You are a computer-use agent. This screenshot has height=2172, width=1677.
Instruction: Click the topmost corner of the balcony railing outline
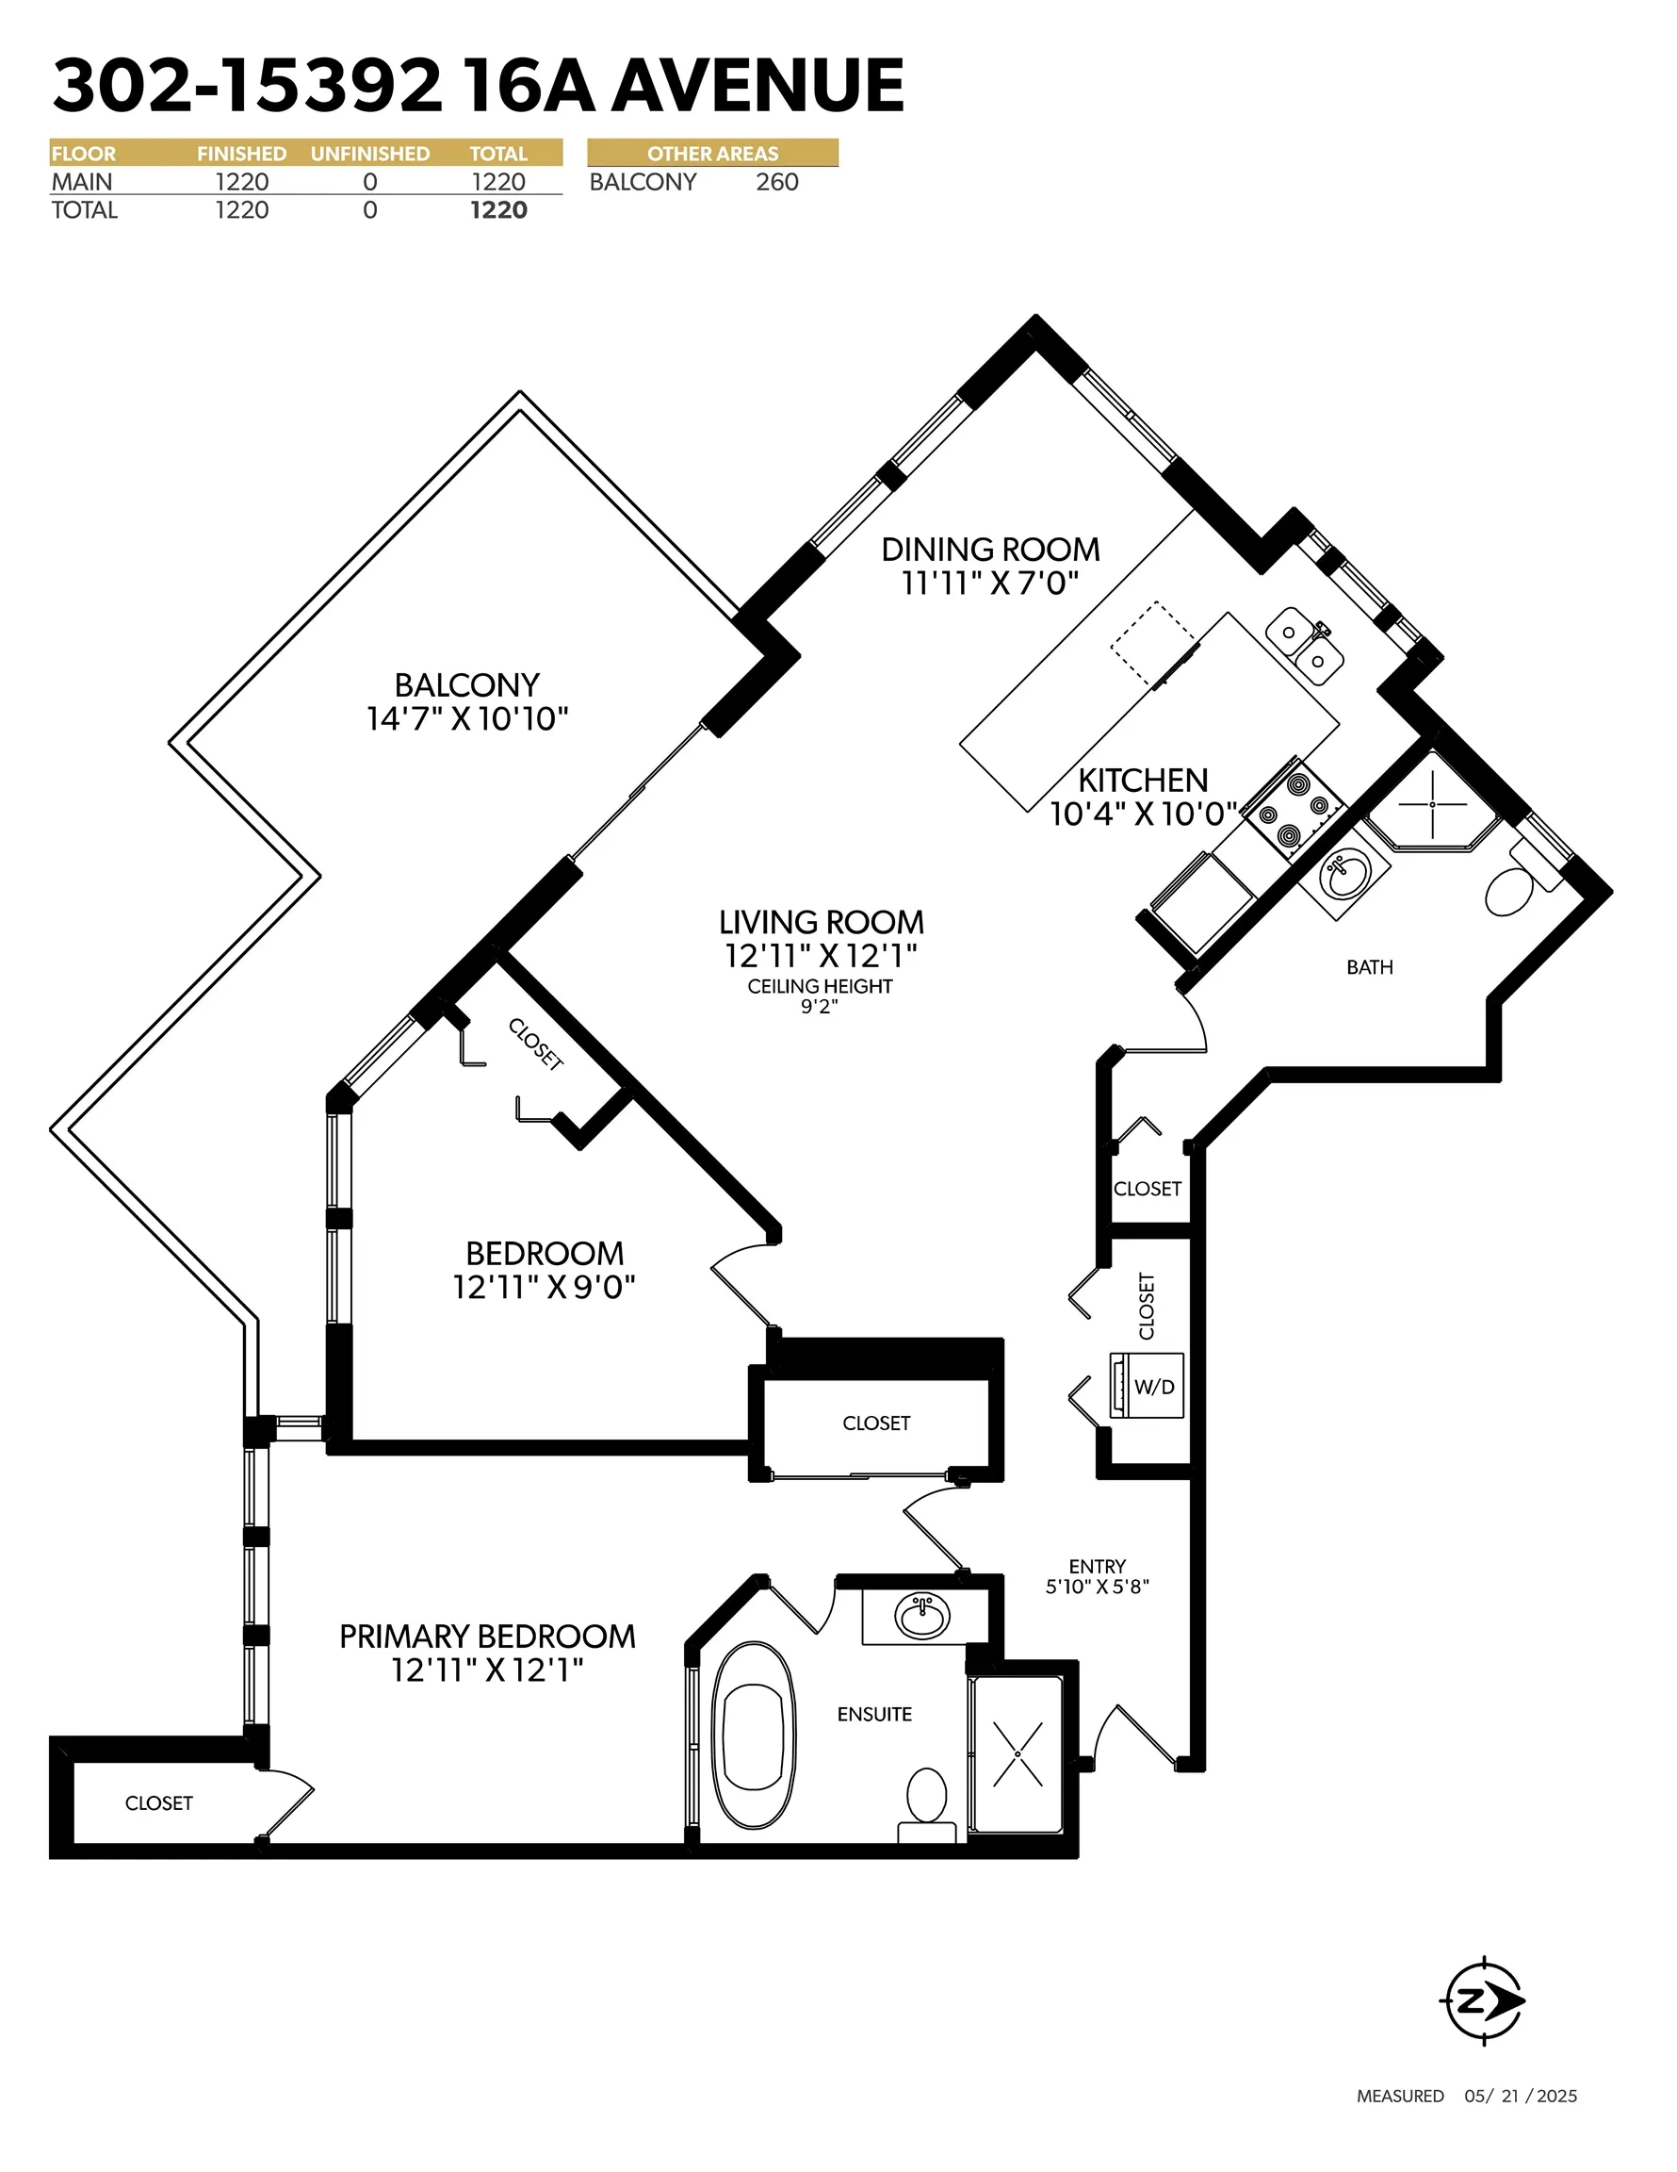(x=520, y=392)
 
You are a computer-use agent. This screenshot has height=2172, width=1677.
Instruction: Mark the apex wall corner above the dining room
(x=1036, y=316)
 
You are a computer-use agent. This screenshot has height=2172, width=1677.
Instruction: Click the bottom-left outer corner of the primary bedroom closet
(x=51, y=1858)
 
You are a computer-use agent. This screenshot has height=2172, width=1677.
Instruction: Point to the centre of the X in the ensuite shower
(x=1018, y=1753)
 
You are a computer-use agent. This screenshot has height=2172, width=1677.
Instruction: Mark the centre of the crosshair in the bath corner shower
(x=1432, y=803)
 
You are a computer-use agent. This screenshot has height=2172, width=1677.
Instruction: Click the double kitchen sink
(x=1305, y=647)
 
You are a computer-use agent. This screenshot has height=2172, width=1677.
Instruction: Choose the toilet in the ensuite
(x=927, y=1806)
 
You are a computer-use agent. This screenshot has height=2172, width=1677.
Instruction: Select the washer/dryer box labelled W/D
(x=1148, y=1386)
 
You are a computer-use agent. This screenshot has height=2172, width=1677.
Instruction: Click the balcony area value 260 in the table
(x=777, y=182)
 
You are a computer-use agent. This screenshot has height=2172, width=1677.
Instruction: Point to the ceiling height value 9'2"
(x=820, y=1007)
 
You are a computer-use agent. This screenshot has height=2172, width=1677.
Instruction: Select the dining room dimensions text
(x=990, y=584)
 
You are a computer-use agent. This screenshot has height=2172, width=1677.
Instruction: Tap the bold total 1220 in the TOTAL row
(x=499, y=210)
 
